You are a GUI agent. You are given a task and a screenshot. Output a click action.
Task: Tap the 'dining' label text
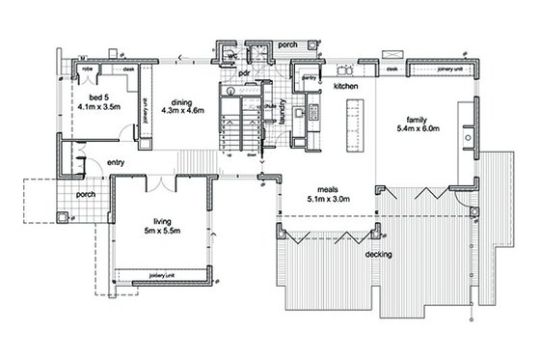tap(184, 103)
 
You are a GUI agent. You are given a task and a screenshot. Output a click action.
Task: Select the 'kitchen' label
tap(346, 87)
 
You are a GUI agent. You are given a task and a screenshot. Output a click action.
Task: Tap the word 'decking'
tap(379, 255)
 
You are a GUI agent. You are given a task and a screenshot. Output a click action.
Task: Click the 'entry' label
tap(118, 162)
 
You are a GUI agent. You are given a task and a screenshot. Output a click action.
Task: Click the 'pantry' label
tap(310, 77)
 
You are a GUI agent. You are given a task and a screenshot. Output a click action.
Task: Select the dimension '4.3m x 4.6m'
tap(184, 115)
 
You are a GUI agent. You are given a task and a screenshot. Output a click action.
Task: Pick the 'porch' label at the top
tap(286, 44)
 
